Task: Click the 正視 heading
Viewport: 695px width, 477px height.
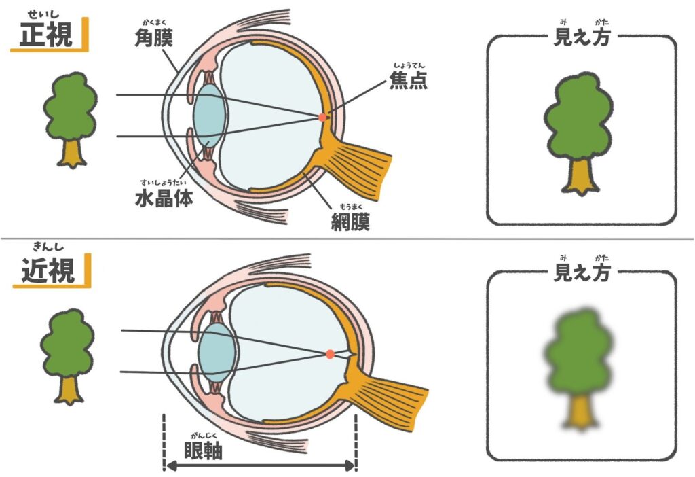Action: click(x=45, y=35)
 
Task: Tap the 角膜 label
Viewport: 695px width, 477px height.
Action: click(x=153, y=38)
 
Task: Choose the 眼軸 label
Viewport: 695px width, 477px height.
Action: click(x=203, y=450)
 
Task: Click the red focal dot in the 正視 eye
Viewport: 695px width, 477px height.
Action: click(x=322, y=118)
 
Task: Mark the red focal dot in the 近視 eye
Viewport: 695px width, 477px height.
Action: click(x=330, y=354)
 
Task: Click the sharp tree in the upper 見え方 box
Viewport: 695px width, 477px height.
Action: click(x=578, y=132)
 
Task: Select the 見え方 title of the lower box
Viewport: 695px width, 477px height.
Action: click(x=582, y=273)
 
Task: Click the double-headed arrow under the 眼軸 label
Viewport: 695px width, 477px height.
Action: click(x=260, y=466)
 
